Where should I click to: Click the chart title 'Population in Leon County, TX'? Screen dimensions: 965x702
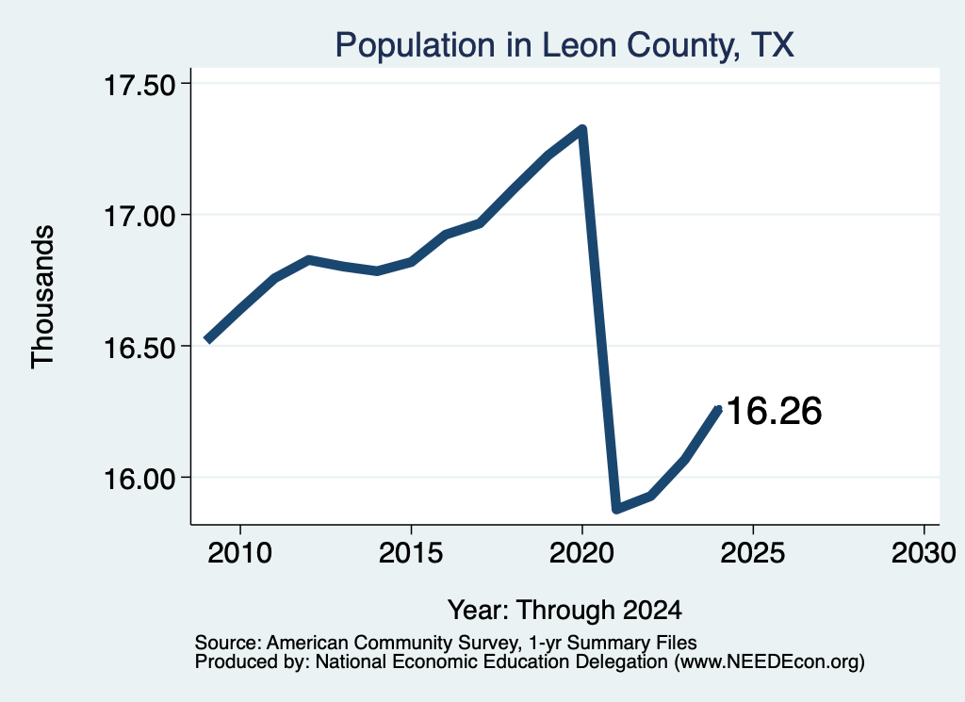564,45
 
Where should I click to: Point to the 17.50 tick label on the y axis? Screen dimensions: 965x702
140,85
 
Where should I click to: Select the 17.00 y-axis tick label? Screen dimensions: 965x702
140,216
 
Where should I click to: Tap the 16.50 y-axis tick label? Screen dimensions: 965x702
140,347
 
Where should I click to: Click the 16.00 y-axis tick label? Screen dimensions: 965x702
140,478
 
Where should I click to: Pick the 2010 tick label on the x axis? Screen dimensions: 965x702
240,552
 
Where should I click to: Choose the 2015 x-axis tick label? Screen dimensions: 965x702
411,552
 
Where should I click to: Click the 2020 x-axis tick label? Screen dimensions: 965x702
581,552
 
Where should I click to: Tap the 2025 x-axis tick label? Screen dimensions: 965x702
753,552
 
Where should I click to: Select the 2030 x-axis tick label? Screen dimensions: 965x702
924,552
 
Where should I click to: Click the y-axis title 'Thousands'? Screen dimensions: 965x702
43,297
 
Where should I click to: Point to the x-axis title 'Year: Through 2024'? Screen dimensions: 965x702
565,611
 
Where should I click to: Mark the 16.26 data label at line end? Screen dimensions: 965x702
775,411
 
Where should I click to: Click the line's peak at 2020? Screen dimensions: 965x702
581,129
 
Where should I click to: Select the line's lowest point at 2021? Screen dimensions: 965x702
616,508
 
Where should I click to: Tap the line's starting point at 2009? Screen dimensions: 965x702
208,339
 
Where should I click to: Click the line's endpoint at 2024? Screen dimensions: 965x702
717,409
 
